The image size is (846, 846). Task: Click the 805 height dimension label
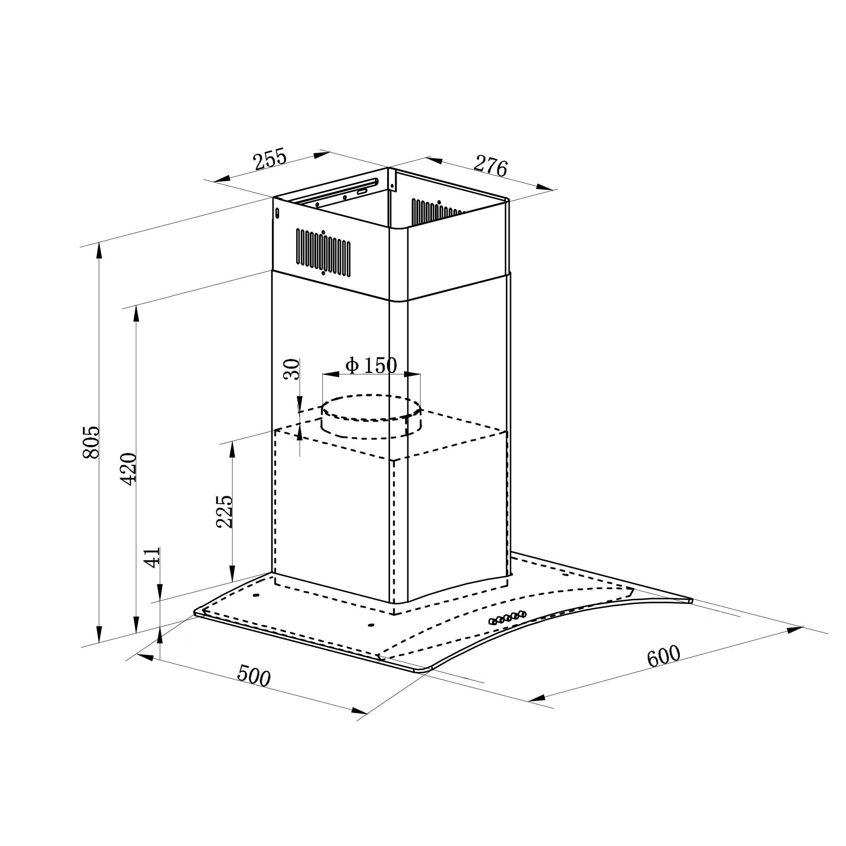click(x=91, y=442)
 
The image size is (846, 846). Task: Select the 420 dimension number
click(x=129, y=469)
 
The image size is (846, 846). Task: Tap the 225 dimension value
click(x=225, y=511)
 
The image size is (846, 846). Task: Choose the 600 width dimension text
click(x=663, y=656)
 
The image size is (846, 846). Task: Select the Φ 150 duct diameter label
click(x=371, y=365)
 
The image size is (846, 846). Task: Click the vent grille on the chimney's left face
click(x=323, y=252)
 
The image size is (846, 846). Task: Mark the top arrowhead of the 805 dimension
click(x=99, y=250)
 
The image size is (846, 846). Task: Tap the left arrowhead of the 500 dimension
click(x=146, y=657)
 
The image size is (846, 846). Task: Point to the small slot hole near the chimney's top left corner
click(x=277, y=213)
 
